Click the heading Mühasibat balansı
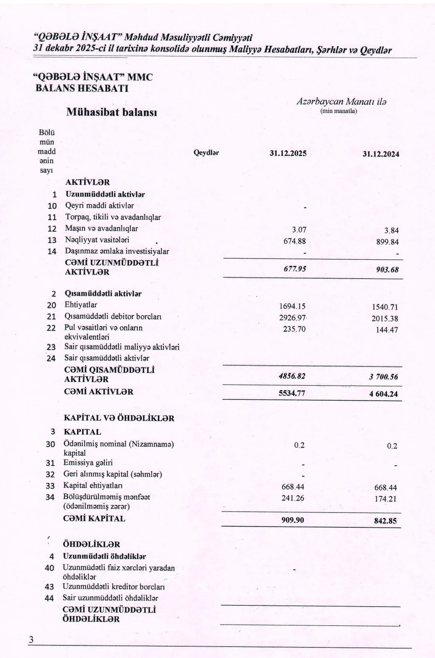[111, 113]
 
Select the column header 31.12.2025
[288, 153]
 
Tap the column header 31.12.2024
[380, 154]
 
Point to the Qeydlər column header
[206, 153]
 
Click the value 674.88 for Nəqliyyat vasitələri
[294, 241]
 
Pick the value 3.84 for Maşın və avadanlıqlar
[391, 231]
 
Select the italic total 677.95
[294, 269]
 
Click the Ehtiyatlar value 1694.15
[292, 306]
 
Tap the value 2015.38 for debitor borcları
[385, 319]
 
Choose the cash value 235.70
[294, 329]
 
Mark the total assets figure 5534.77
[292, 393]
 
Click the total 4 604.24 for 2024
[383, 394]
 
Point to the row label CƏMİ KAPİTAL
[94, 519]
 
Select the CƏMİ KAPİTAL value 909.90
[292, 520]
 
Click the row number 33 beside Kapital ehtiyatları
[50, 486]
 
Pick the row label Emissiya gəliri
[88, 463]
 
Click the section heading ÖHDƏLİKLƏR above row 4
[91, 545]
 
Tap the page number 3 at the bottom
[30, 640]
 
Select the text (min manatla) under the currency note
[338, 111]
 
